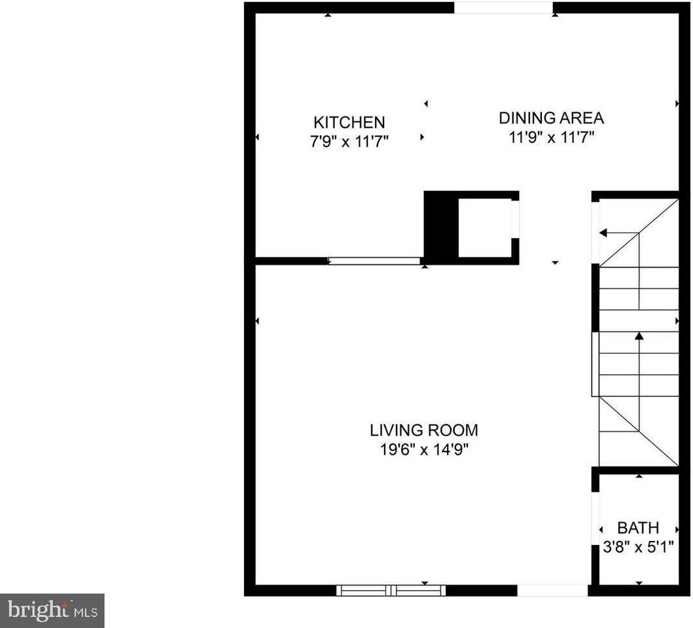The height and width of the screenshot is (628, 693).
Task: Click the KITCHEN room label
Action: [349, 122]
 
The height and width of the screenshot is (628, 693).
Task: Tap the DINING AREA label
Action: [551, 118]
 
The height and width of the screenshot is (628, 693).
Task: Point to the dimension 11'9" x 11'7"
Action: [551, 137]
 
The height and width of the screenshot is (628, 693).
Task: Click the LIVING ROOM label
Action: [423, 430]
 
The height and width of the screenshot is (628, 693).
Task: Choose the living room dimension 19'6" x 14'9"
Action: [423, 450]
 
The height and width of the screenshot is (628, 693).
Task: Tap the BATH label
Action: [638, 528]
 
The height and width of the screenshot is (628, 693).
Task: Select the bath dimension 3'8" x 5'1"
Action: [638, 545]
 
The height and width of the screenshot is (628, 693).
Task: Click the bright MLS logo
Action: [52, 611]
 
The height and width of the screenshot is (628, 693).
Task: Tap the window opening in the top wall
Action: [503, 8]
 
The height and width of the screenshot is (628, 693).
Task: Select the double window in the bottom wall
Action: [391, 590]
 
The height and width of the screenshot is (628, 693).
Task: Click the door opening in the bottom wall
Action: [552, 590]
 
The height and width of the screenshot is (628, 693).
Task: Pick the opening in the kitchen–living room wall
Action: [374, 260]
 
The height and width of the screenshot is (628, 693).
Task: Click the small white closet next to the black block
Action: [484, 228]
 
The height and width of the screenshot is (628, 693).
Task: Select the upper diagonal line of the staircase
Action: [639, 233]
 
